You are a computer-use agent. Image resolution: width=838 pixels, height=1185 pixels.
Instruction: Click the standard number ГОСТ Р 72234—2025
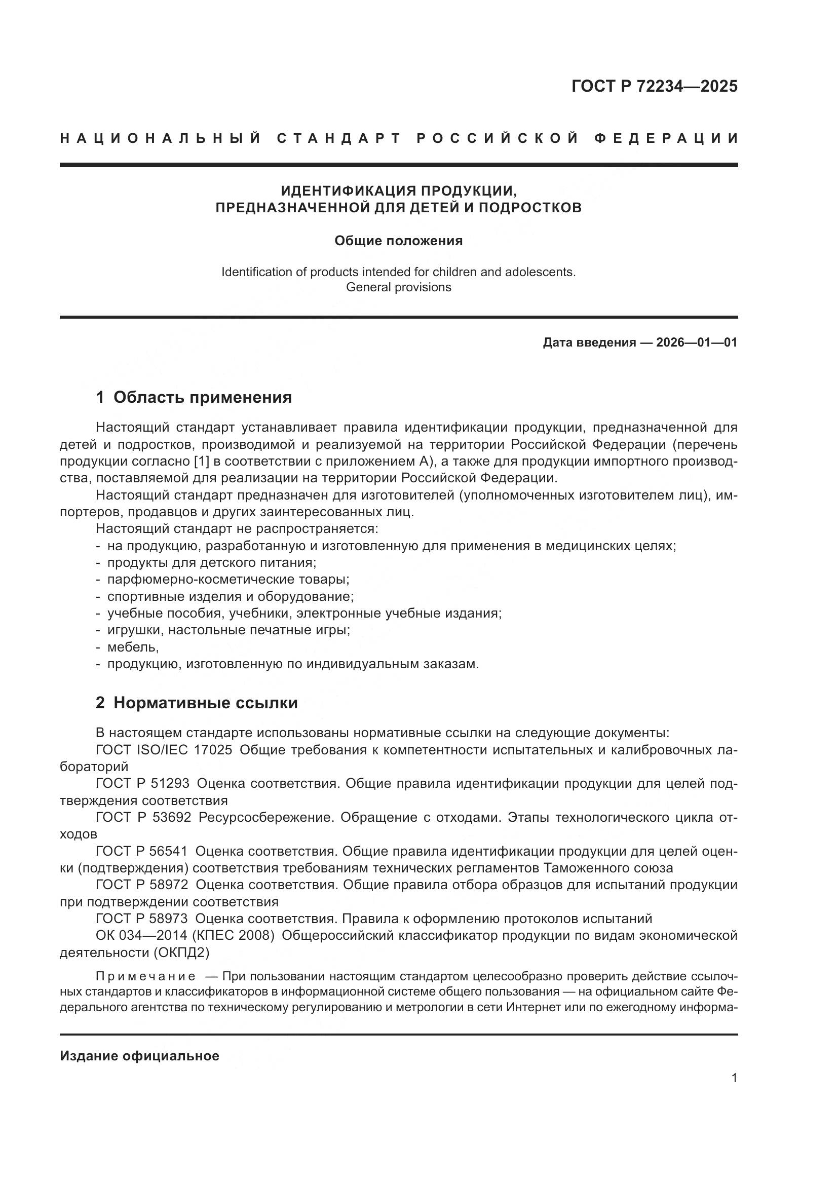point(654,86)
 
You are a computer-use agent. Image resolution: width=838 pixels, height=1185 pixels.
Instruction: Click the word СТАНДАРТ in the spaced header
point(339,138)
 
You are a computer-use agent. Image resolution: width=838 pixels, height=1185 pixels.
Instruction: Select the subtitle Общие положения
point(398,241)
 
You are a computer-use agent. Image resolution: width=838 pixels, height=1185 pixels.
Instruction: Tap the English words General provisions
point(398,287)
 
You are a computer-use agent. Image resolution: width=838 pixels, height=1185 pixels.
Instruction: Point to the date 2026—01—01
point(697,342)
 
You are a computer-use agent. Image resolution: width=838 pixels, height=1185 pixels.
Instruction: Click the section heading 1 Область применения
point(194,397)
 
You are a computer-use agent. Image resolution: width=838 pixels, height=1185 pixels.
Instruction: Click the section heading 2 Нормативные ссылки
point(197,703)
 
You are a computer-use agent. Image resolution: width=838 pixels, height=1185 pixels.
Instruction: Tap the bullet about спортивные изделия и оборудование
point(230,596)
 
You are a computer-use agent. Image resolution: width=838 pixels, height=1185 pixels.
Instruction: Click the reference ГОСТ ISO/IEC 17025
point(164,749)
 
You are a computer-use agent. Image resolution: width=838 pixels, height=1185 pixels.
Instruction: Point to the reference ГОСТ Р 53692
point(143,817)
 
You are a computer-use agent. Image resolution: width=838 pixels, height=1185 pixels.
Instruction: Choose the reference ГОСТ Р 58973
point(141,918)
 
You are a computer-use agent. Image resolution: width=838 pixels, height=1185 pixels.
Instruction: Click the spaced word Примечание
point(146,976)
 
